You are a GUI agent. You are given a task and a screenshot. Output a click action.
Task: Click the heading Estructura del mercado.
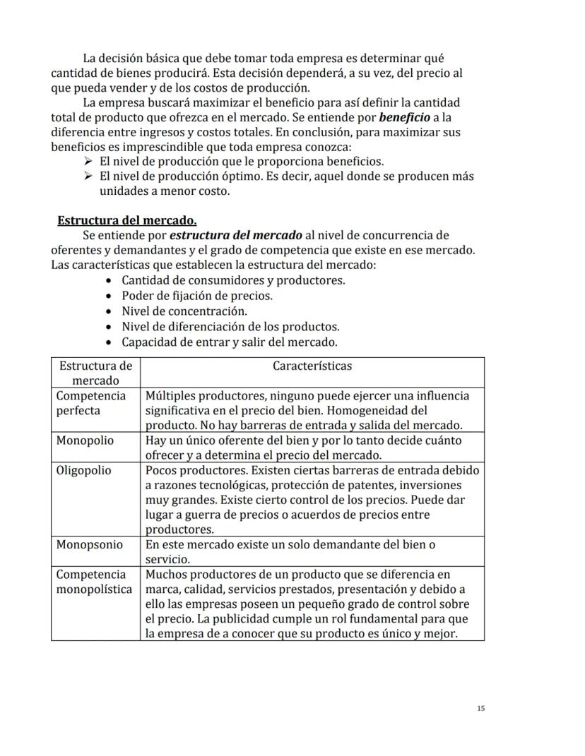(127, 220)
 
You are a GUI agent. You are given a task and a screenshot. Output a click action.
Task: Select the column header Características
(312, 366)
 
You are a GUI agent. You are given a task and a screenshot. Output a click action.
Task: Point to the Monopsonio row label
(89, 545)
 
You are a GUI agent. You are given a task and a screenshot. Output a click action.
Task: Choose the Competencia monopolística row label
(94, 582)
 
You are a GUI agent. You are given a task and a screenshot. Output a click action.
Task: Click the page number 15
(480, 708)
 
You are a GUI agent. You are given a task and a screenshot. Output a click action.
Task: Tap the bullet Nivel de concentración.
(184, 311)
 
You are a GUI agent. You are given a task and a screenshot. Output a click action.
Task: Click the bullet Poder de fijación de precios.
(196, 296)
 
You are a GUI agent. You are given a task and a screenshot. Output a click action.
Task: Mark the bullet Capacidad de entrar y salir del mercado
(229, 342)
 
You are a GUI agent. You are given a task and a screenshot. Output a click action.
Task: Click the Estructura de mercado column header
(95, 373)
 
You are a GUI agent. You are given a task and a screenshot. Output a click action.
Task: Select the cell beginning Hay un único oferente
(304, 448)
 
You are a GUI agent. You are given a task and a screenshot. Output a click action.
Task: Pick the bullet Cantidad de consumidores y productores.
(233, 280)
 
